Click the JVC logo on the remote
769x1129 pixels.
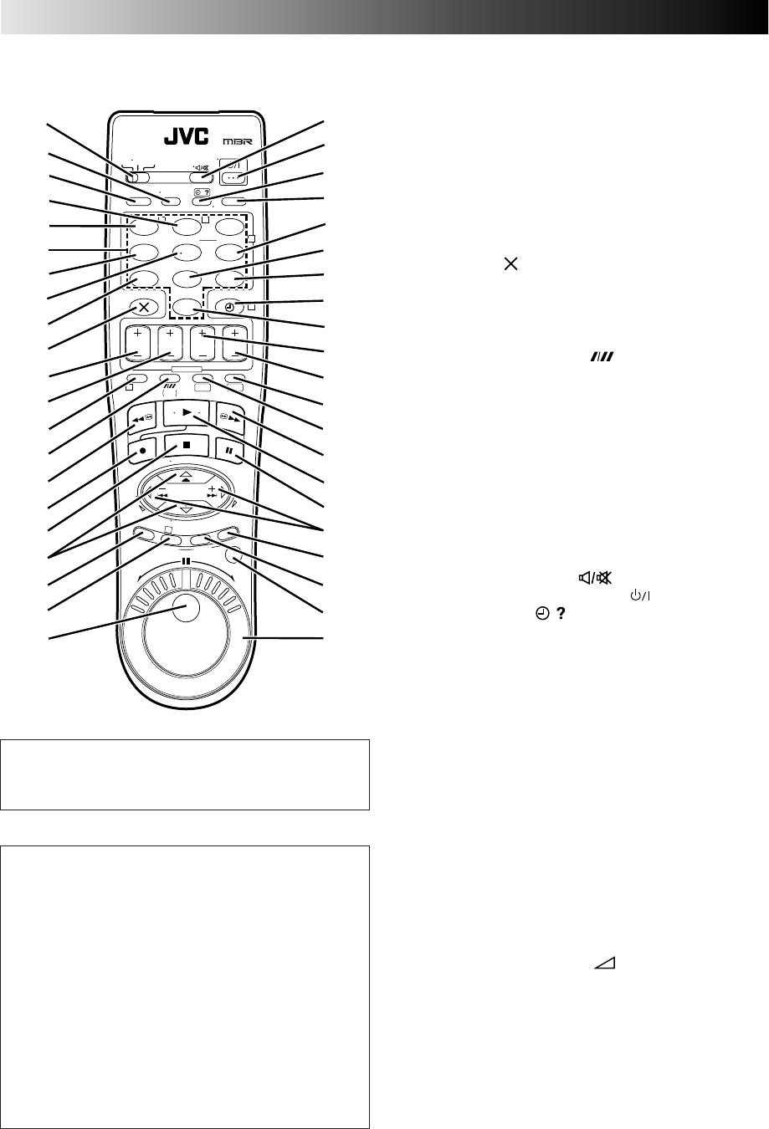(186, 136)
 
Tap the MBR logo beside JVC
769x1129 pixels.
(238, 141)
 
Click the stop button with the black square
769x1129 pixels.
(186, 446)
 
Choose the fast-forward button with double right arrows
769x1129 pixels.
(230, 418)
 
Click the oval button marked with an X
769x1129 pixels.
(144, 307)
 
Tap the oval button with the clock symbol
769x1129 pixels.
(230, 307)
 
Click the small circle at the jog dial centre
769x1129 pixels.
(185, 608)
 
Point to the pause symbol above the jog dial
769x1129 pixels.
(186, 560)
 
